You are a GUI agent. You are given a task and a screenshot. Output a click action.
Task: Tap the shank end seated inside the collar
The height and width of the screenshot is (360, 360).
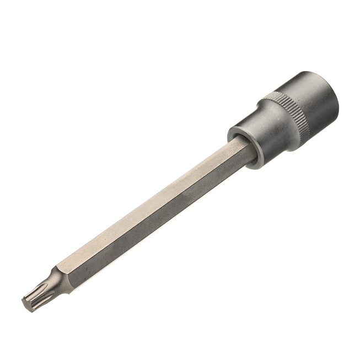pos(243,152)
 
